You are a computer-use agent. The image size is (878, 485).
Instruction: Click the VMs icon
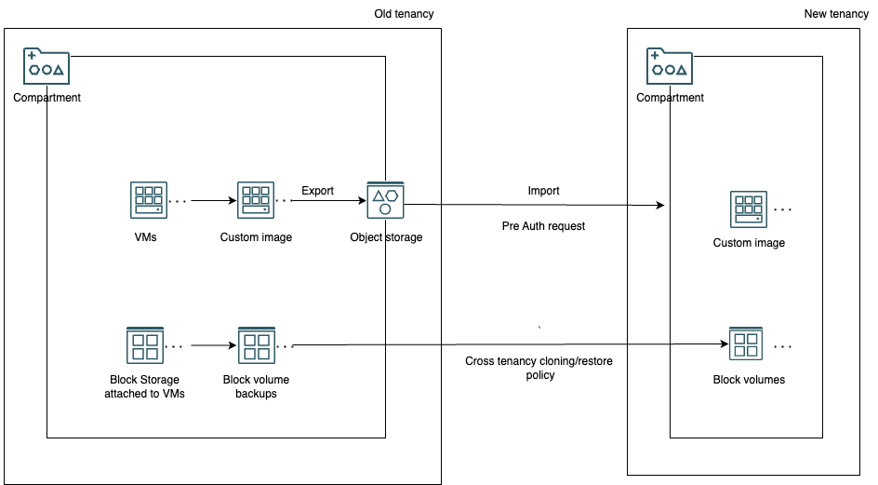tap(148, 200)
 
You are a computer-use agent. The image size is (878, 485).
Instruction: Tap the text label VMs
tap(145, 237)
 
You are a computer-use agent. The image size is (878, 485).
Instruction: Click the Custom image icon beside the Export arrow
tap(256, 200)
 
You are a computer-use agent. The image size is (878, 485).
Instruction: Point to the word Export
tap(317, 191)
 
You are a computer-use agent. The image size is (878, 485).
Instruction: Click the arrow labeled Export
tap(331, 200)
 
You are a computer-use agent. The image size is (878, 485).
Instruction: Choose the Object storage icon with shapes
tap(385, 200)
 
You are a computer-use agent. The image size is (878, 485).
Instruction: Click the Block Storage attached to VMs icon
tap(144, 345)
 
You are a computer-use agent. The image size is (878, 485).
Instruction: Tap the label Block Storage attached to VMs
tap(144, 386)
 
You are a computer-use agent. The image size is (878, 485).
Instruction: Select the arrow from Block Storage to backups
tap(213, 345)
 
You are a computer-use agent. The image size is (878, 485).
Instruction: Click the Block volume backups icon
tap(256, 345)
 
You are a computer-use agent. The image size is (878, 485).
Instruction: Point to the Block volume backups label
tap(256, 386)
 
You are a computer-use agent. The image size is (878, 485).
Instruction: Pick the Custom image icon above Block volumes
tap(749, 209)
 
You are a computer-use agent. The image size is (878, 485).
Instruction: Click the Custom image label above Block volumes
tap(749, 243)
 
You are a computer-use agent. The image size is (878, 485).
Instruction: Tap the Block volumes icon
tap(746, 344)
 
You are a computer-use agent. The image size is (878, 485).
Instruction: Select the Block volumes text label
tap(749, 380)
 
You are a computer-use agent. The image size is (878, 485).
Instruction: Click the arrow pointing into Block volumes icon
tap(698, 344)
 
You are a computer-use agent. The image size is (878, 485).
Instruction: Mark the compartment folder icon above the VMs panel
tap(47, 67)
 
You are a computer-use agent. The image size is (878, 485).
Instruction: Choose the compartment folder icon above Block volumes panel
tap(670, 67)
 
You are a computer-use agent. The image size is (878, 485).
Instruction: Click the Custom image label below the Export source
tap(256, 237)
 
